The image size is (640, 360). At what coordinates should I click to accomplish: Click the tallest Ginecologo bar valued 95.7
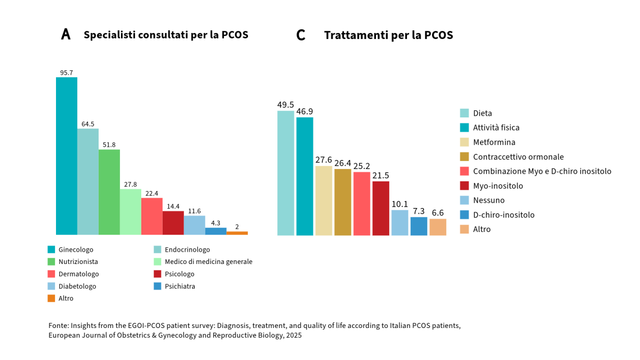pos(67,156)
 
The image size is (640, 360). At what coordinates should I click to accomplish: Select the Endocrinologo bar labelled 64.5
pos(88,181)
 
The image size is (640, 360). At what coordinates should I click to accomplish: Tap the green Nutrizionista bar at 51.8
pos(109,192)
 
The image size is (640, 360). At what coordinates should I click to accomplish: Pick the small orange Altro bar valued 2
pos(237,233)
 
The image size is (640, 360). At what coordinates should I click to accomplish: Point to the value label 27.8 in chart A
pos(130,184)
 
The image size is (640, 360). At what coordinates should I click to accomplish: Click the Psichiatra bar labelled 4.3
pos(215,231)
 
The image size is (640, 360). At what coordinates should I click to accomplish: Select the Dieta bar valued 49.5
pos(285,173)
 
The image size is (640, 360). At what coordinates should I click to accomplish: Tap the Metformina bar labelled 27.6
pos(324,201)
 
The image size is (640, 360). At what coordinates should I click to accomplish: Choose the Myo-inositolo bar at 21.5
pos(381,208)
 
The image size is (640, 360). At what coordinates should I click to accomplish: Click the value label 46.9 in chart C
pos(305,111)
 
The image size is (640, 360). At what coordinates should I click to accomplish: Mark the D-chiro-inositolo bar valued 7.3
pos(419,226)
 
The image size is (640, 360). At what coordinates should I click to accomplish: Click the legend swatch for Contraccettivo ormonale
pos(465,157)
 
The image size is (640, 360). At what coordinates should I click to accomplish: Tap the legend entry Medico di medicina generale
pos(209,262)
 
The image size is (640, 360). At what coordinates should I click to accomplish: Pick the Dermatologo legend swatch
pos(51,274)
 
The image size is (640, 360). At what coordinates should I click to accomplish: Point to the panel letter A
pos(66,35)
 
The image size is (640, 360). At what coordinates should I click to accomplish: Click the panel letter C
pos(301,35)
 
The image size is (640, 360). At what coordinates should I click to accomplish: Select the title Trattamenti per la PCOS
pos(388,35)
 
